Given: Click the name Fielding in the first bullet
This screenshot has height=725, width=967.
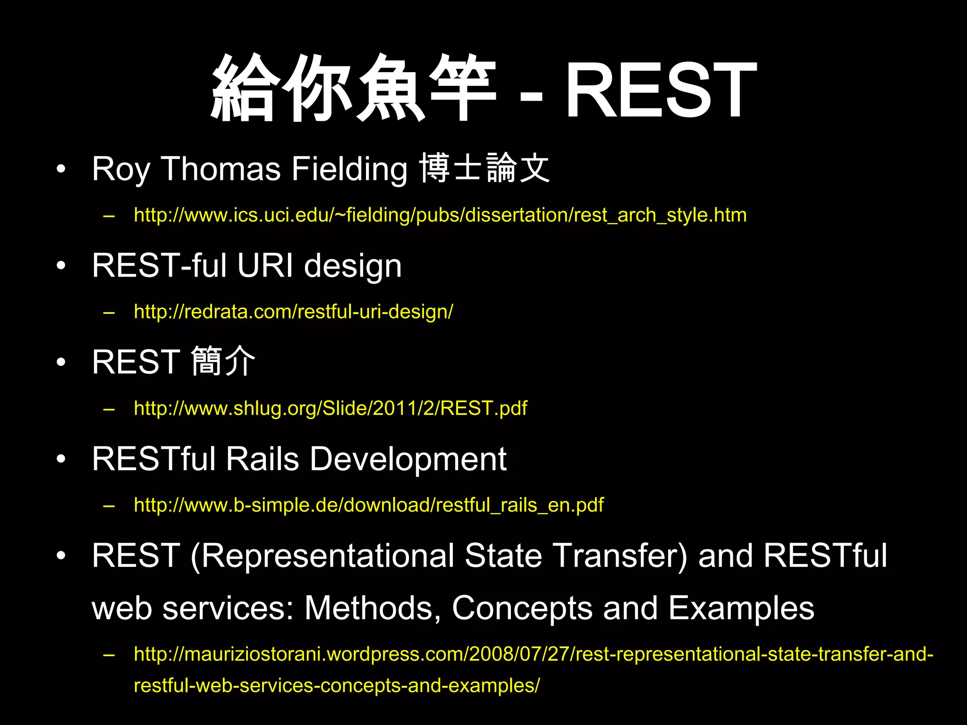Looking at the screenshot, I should (349, 169).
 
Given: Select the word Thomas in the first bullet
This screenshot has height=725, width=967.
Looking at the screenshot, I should (221, 169).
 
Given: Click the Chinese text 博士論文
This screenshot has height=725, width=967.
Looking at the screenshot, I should (484, 168).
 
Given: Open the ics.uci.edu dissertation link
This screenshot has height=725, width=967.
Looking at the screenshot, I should (440, 215).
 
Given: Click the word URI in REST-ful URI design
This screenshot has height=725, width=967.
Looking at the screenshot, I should (265, 265).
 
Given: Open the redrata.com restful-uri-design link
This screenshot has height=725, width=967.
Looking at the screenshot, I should (293, 312).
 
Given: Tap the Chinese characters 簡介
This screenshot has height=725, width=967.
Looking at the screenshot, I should (223, 362).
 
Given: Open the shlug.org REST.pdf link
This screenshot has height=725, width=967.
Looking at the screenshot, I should (331, 408).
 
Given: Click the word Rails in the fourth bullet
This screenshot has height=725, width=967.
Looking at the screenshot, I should (262, 459).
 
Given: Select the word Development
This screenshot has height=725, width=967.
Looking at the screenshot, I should (408, 459).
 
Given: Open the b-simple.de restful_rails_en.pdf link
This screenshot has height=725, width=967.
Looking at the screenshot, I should (368, 505).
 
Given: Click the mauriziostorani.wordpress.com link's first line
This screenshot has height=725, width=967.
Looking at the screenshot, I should (534, 654).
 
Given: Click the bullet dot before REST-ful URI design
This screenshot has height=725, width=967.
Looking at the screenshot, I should (60, 266).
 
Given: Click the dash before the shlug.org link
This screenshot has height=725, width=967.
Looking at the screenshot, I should (109, 409).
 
